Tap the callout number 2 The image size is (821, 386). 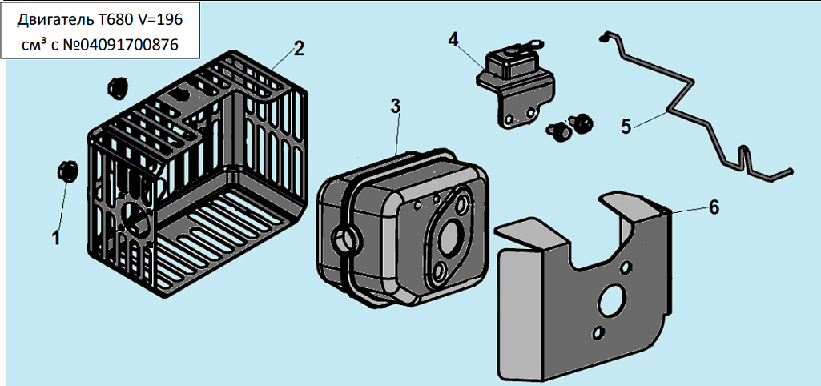pos(298,48)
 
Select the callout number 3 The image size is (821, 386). pos(396,106)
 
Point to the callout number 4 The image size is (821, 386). pos(453,39)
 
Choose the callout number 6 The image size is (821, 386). pos(714,207)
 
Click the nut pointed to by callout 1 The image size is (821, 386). pos(66,171)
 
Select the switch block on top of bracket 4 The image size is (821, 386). pos(513,61)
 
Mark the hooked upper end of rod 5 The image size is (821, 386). pos(606,36)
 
